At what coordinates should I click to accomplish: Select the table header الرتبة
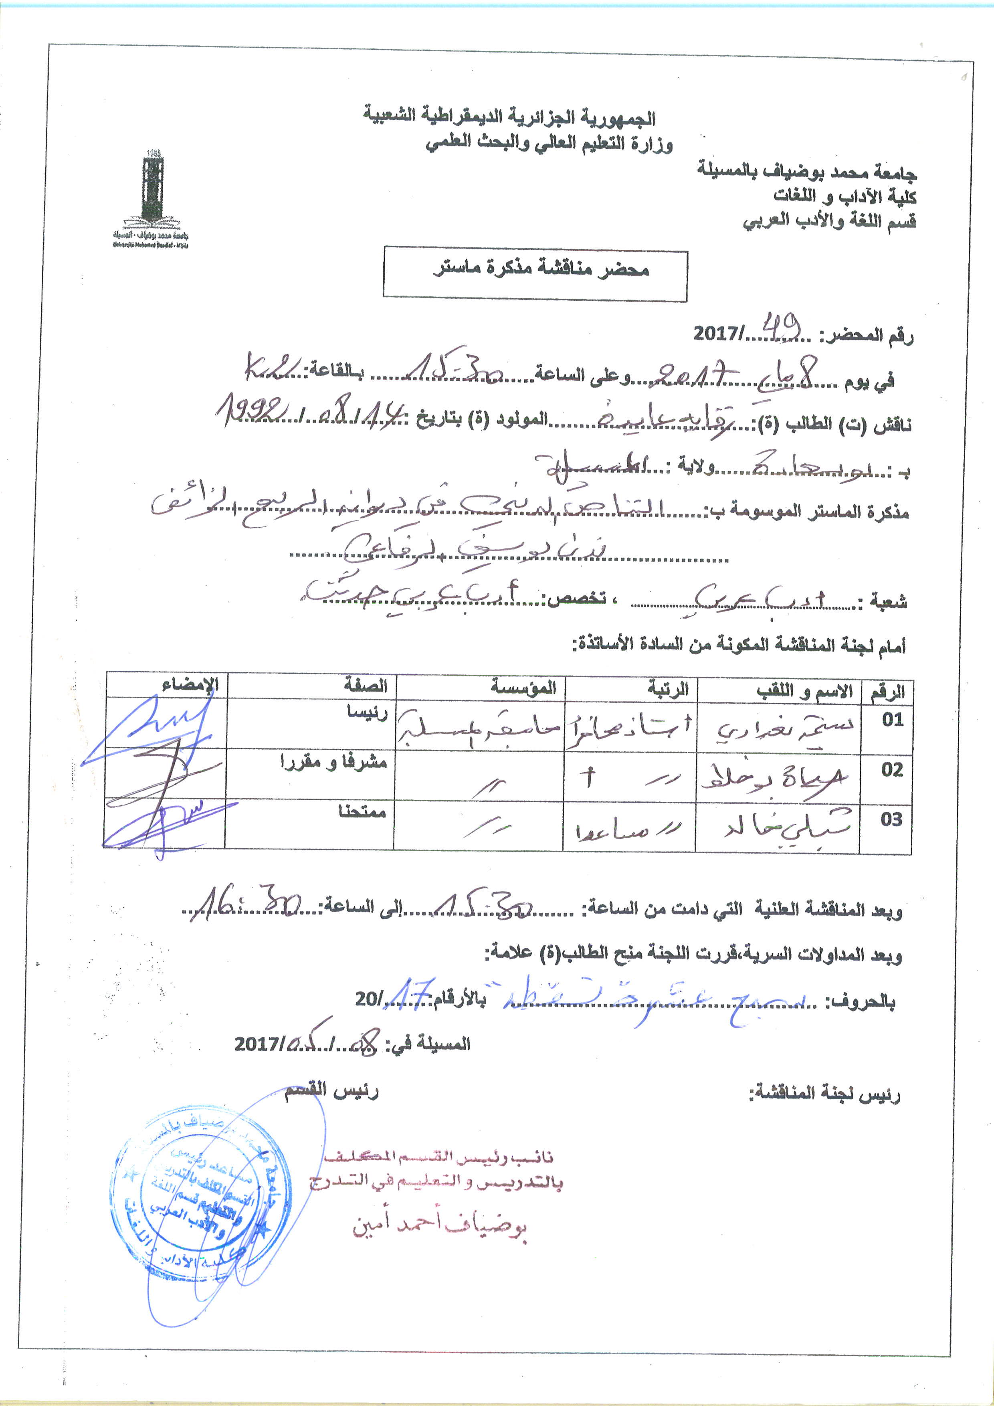click(669, 689)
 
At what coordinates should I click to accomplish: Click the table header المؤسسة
click(523, 687)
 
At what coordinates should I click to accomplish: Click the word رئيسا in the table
click(367, 712)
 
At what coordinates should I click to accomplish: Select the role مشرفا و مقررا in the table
click(333, 762)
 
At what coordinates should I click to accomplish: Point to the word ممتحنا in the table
click(362, 812)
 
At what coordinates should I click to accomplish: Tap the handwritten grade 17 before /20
click(412, 993)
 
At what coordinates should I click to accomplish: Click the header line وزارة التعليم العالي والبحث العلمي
click(549, 144)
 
